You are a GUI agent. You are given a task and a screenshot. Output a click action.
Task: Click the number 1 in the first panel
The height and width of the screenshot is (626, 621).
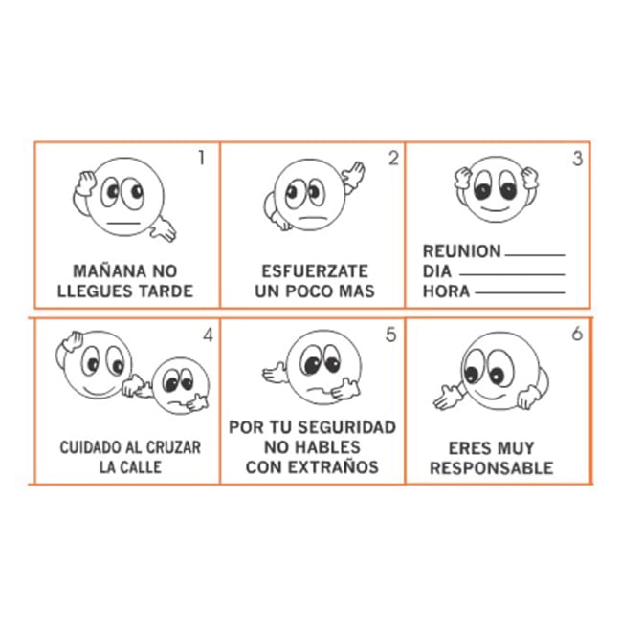201,158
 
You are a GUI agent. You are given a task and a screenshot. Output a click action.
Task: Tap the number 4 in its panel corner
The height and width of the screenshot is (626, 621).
209,335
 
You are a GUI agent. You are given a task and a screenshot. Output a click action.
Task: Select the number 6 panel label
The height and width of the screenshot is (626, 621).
577,334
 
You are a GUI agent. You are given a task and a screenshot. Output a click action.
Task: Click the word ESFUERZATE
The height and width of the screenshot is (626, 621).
315,271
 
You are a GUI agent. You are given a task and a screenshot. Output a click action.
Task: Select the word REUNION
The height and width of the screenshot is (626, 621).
461,251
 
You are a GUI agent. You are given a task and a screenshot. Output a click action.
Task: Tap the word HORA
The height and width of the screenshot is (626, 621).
446,291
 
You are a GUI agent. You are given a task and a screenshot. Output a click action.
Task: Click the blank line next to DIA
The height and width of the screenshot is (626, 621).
512,274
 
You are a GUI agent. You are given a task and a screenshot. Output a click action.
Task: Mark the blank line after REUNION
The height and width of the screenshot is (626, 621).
535,255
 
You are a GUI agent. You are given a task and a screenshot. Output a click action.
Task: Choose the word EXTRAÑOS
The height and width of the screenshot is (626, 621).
333,467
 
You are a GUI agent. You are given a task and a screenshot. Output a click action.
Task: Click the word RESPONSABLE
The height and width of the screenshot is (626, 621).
492,468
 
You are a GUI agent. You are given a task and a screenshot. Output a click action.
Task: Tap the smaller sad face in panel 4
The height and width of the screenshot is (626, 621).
181,385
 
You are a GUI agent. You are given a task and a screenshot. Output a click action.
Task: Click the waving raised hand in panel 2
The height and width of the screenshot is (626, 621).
353,176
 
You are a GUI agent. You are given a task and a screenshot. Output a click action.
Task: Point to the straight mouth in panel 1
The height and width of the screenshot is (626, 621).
123,223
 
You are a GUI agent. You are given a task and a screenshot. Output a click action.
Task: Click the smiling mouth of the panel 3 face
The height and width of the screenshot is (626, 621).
496,209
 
